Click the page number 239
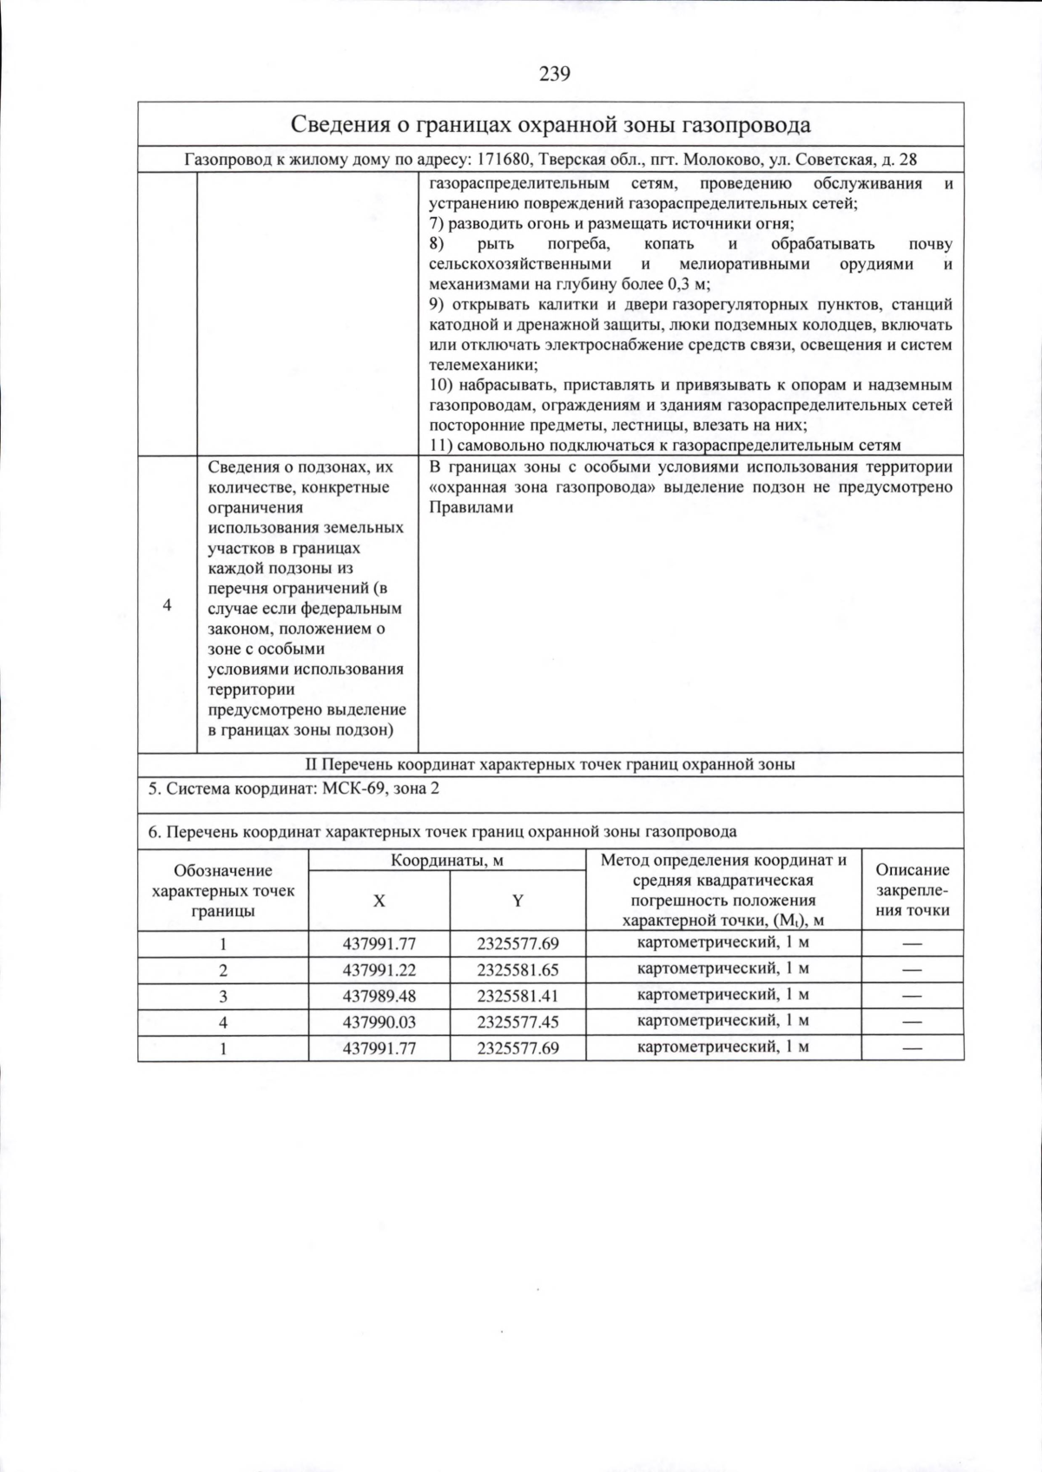(555, 73)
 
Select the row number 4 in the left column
(168, 605)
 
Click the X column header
(379, 901)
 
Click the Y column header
(518, 901)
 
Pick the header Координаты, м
(446, 860)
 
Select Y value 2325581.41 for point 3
(518, 995)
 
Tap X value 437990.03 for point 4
(379, 1022)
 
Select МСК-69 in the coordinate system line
(352, 789)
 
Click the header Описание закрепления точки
(912, 890)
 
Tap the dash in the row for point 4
(912, 1022)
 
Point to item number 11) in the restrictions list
(441, 446)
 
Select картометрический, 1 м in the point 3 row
(723, 994)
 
